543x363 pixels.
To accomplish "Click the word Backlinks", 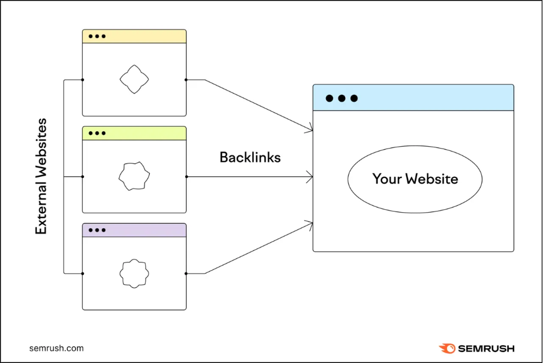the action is pyautogui.click(x=250, y=157).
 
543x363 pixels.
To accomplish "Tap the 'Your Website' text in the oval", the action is pyautogui.click(x=415, y=179).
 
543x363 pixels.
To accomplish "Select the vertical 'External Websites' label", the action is pyautogui.click(x=41, y=176).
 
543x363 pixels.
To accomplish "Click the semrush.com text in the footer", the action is pyautogui.click(x=57, y=348).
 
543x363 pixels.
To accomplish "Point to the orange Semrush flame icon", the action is pyautogui.click(x=447, y=348).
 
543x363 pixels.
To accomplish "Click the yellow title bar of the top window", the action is pyautogui.click(x=134, y=36).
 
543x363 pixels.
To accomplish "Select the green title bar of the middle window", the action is pyautogui.click(x=134, y=133).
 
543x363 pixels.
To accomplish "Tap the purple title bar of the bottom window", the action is pyautogui.click(x=134, y=230).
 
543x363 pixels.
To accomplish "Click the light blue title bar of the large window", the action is pyautogui.click(x=413, y=98).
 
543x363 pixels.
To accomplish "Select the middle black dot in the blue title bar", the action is pyautogui.click(x=342, y=98).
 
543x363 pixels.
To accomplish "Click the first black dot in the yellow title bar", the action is pyautogui.click(x=91, y=36).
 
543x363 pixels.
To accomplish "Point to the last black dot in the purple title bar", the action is pyautogui.click(x=104, y=230).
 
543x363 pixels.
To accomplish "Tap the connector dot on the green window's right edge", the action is pyautogui.click(x=186, y=177).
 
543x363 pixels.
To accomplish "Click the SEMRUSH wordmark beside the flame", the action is pyautogui.click(x=486, y=349).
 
